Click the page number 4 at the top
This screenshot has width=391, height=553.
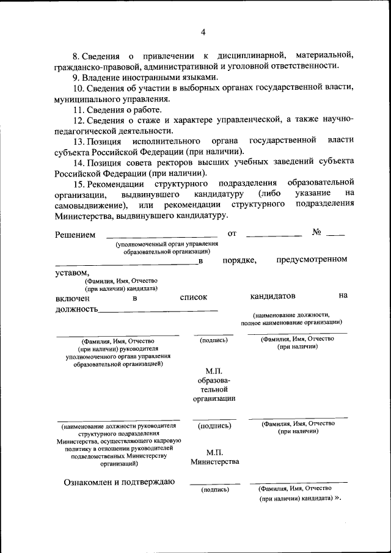(203, 32)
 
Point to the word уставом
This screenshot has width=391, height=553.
(71, 273)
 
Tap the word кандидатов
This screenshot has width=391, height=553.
(272, 296)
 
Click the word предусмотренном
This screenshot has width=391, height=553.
(312, 259)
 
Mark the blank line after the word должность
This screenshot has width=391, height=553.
(158, 310)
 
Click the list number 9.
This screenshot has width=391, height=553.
(76, 78)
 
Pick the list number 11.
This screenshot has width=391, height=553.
(78, 110)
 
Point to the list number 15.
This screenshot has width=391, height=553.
(78, 183)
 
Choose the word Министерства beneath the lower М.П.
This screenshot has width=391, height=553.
(214, 462)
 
